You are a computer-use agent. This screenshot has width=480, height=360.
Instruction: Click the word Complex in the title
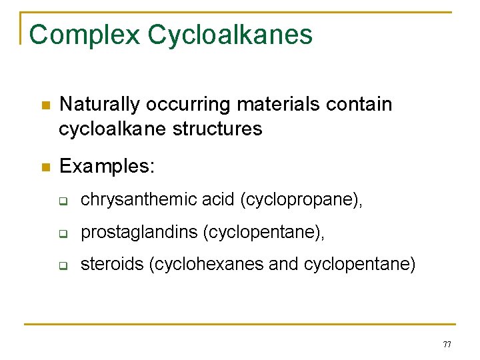click(85, 35)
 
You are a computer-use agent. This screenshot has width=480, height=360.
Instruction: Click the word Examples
click(107, 166)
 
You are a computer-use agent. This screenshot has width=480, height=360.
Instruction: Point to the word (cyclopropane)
click(302, 199)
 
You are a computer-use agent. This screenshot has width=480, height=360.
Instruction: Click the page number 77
click(447, 344)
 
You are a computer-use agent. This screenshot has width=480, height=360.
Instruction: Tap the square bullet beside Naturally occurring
click(44, 105)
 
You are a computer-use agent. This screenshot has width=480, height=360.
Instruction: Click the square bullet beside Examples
click(44, 167)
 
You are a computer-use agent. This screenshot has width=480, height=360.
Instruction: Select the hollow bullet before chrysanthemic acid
click(64, 200)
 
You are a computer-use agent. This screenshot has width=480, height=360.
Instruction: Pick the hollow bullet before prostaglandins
click(64, 233)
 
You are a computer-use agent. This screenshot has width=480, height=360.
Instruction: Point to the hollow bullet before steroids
click(64, 265)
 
